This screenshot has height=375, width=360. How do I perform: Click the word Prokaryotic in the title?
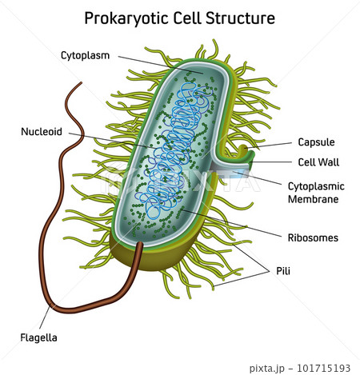coord(126,18)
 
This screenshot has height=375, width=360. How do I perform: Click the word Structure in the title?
coord(240,18)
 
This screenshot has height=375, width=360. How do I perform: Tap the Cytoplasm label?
coord(85,56)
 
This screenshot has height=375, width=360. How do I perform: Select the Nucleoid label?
coord(42,131)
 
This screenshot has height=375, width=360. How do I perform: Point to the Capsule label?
coord(316,142)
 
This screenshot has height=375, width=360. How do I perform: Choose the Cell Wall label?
coord(318,162)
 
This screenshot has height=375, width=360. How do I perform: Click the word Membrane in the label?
coord(314,199)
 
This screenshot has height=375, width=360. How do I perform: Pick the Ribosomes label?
coord(313,237)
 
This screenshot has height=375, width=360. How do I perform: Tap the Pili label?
coord(283,271)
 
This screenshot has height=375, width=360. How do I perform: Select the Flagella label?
coord(39,337)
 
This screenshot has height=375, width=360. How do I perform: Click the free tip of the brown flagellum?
coord(81,83)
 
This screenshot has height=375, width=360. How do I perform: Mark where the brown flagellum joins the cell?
coord(139,244)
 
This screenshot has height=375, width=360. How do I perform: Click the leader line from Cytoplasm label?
coord(161,65)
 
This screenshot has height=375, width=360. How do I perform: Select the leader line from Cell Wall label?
coord(270,162)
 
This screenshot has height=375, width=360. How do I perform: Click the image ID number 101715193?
coord(323,368)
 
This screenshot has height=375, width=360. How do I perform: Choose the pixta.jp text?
coord(267,369)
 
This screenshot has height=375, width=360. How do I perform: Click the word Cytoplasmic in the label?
coord(316,186)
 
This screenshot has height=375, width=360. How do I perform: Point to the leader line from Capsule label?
coord(270,146)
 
